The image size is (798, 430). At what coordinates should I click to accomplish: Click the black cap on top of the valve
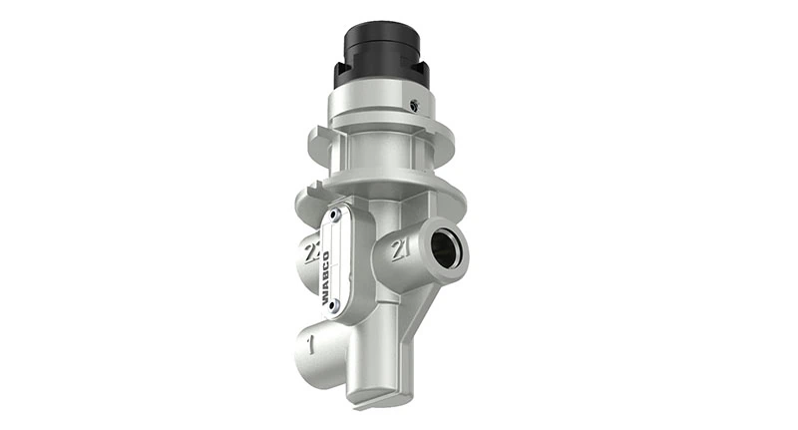click(x=382, y=45)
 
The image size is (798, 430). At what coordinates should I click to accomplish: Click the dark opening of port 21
click(x=447, y=248)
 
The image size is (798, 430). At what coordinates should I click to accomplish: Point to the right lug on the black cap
click(x=424, y=73)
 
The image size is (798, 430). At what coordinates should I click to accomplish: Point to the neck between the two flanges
click(x=384, y=160)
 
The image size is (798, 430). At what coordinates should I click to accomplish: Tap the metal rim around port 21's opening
click(x=460, y=239)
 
